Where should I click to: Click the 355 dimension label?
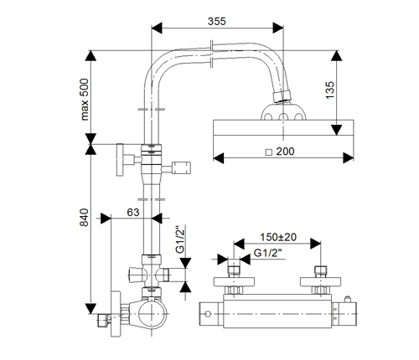(x=216, y=22)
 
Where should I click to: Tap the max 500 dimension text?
(x=85, y=100)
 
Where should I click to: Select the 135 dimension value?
(x=330, y=90)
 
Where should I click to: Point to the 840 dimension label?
(x=85, y=218)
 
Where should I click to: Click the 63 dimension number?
(x=133, y=213)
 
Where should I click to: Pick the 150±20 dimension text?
(x=278, y=237)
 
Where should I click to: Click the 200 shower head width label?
(x=285, y=152)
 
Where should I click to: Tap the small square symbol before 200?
(x=269, y=152)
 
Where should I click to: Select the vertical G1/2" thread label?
(x=180, y=239)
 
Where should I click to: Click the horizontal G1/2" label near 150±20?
(x=267, y=253)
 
